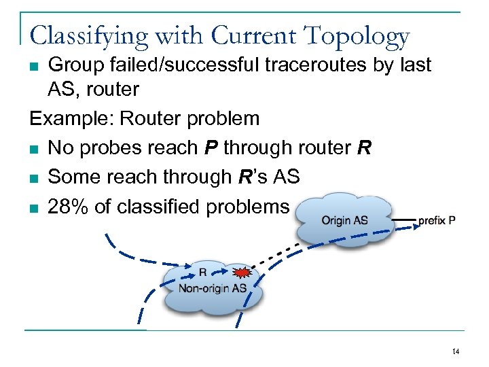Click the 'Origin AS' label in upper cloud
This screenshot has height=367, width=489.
pos(344,220)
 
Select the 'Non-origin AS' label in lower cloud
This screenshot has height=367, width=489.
pos(212,288)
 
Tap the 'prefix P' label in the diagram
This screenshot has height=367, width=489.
pos(437,220)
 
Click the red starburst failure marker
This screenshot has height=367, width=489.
pos(240,273)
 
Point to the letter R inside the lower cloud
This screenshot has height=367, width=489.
pos(202,273)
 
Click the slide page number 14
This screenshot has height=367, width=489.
pos(455,351)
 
